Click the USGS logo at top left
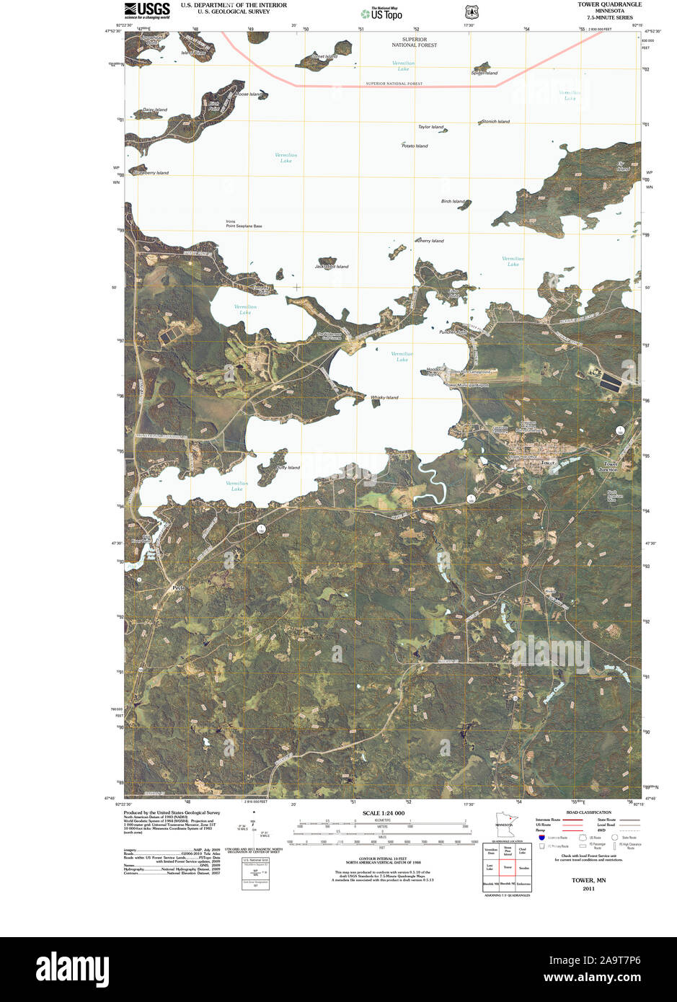pos(147,10)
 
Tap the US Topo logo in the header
pos(381,13)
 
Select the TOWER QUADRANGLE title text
pos(609,4)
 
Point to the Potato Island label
pos(415,146)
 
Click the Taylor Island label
pos(431,128)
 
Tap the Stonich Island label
pos(495,122)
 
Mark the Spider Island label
pos(484,73)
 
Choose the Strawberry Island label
pos(151,173)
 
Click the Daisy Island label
pos(154,110)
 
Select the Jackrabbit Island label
pos(332,267)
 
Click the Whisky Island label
pos(384,398)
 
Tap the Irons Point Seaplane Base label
pos(244,224)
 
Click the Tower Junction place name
pos(611,466)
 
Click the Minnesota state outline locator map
pos(503,825)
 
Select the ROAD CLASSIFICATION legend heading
pos(588,812)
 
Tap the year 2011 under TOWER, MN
pos(588,889)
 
